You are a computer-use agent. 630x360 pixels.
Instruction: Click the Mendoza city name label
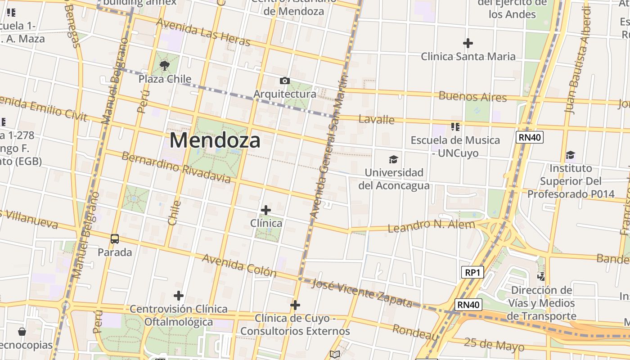215,140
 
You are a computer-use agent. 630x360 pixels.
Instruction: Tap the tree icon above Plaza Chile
165,66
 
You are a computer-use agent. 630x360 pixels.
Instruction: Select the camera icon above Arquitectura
284,81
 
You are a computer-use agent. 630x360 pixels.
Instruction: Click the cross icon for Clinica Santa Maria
468,43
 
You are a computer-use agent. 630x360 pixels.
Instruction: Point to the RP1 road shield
472,272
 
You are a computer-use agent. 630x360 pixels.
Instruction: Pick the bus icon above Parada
115,239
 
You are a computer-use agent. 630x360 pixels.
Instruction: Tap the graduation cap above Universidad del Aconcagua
394,159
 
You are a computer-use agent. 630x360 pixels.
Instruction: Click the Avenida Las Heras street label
203,32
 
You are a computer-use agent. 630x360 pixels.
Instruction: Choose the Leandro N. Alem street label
432,226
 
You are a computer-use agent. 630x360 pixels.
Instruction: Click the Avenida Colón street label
239,265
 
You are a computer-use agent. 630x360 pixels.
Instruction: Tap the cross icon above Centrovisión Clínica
179,296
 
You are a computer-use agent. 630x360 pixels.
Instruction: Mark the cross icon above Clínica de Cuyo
295,305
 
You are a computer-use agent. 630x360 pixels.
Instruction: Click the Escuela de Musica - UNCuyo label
455,146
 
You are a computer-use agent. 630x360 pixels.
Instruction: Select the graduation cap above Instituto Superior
571,155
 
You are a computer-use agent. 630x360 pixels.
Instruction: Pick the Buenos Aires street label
472,96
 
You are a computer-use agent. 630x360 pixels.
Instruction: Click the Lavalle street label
377,119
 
